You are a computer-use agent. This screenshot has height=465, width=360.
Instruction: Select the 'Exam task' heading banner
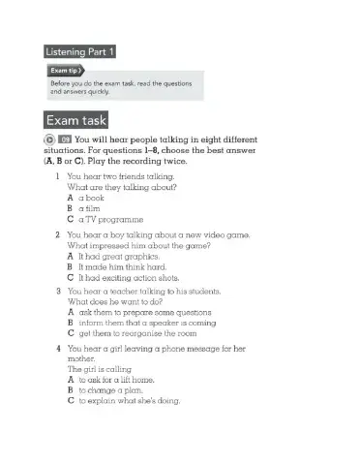point(80,122)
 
